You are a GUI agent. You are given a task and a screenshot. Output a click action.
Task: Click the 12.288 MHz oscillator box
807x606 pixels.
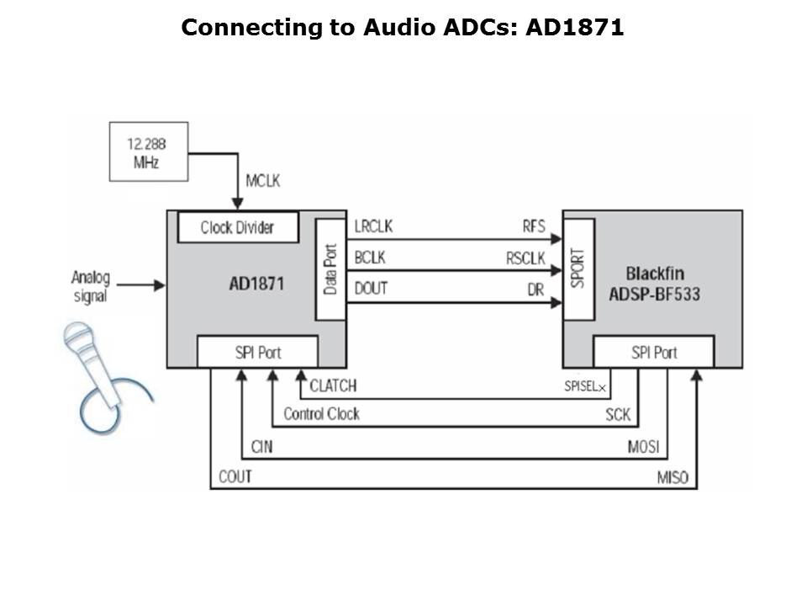(149, 151)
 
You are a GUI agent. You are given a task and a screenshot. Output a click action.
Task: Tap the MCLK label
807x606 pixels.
(263, 181)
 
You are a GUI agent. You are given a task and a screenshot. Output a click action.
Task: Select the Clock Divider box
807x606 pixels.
(237, 227)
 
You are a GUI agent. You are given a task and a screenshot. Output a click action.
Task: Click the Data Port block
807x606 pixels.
(330, 269)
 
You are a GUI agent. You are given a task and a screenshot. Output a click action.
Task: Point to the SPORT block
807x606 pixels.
(578, 269)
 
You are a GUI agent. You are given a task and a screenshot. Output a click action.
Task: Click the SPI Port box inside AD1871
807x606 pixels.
(257, 352)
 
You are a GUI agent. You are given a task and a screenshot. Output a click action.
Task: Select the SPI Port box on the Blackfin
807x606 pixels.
(653, 352)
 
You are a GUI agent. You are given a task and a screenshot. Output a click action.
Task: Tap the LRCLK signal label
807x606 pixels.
(373, 227)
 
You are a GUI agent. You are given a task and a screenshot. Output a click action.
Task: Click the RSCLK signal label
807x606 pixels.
(525, 258)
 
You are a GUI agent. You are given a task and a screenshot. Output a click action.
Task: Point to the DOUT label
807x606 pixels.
(370, 289)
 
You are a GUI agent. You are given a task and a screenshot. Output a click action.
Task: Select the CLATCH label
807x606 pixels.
(333, 386)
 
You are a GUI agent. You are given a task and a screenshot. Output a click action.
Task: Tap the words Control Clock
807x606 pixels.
(321, 414)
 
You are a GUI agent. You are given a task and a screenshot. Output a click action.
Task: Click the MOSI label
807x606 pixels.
(643, 446)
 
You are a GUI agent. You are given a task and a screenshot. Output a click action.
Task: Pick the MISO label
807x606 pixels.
(672, 477)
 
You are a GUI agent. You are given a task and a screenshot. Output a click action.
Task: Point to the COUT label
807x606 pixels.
(235, 477)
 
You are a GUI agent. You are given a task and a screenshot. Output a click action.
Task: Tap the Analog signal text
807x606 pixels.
(91, 286)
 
